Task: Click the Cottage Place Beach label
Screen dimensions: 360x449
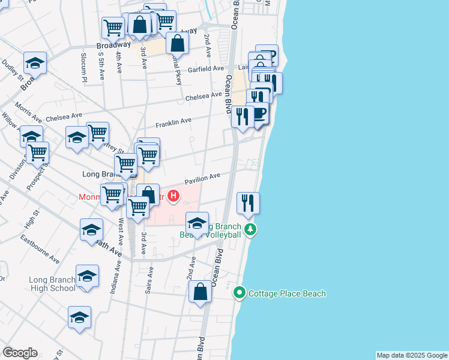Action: pos(287,293)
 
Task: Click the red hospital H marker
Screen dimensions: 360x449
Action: pos(174,196)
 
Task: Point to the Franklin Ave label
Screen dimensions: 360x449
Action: pos(173,123)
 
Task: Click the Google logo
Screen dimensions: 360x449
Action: pos(20,353)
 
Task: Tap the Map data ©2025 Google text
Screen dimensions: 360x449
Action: pos(412,355)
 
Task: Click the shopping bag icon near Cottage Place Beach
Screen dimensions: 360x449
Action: pos(200,292)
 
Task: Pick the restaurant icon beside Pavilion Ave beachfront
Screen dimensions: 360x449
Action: pos(248,204)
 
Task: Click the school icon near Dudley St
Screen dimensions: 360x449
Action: pos(35,64)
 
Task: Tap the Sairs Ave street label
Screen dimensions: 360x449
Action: pos(149,280)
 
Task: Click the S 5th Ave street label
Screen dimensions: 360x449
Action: pos(102,63)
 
